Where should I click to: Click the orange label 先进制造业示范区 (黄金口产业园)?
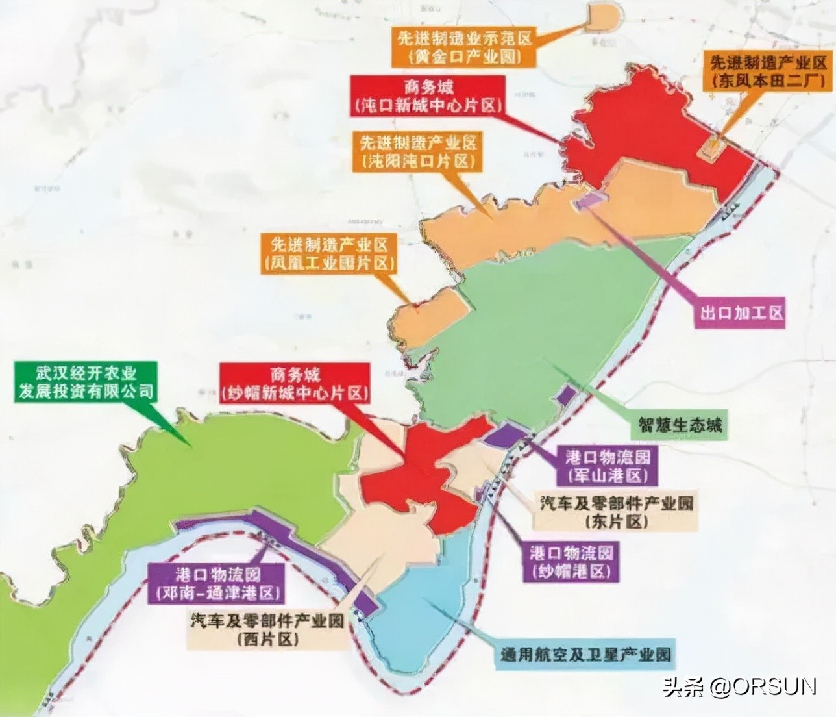[465, 45]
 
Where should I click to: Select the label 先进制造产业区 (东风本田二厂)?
[768, 71]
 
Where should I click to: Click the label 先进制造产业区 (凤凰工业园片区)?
[330, 253]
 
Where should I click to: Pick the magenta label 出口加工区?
[741, 312]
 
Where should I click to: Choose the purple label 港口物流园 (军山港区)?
[608, 464]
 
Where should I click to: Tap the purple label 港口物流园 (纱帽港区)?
[571, 562]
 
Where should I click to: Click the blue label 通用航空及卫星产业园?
[584, 653]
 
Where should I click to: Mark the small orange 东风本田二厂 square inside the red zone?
[709, 147]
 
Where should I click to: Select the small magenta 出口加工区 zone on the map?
[592, 199]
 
